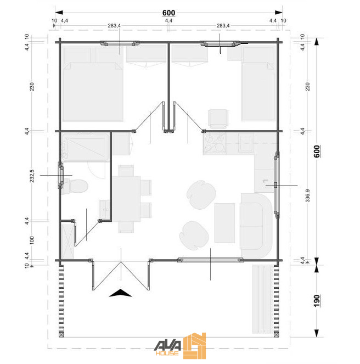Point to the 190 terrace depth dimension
point(317,301)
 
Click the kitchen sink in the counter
point(246,144)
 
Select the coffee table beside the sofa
point(224,222)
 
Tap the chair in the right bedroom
point(217,118)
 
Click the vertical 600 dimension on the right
point(317,152)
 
